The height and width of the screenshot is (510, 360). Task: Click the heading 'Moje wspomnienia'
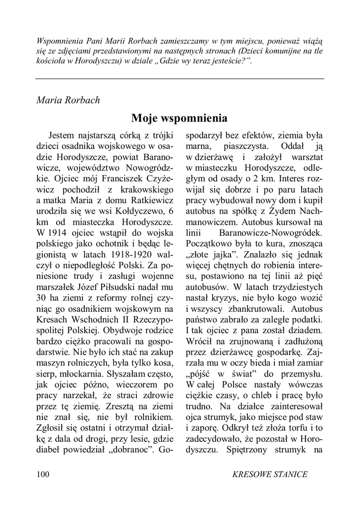point(180,118)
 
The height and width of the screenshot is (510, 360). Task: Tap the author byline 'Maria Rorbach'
point(68,100)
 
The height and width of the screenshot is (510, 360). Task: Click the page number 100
point(43,474)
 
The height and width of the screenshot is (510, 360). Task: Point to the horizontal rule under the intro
point(180,79)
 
